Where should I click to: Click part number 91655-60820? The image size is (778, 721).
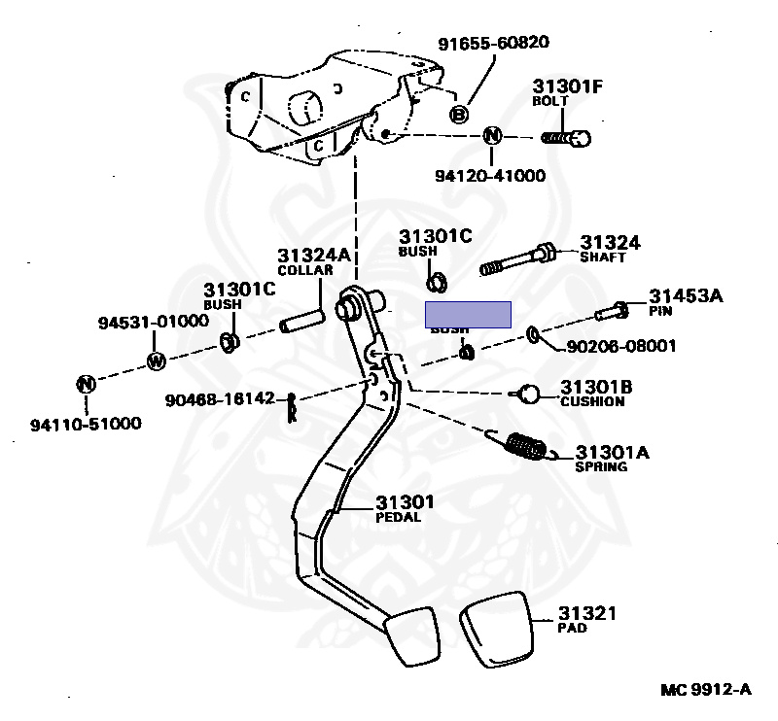(x=493, y=43)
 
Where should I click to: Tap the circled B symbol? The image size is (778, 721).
(x=460, y=115)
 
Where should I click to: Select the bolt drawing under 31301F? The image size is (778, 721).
(x=567, y=138)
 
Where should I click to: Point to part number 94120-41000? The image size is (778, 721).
(x=490, y=176)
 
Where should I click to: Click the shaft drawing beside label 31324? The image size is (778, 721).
(x=517, y=259)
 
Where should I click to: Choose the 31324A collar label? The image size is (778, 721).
(x=306, y=257)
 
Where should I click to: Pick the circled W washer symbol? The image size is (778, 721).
(x=156, y=361)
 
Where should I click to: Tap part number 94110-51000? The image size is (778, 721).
(x=85, y=423)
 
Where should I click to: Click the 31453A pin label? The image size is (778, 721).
(x=686, y=296)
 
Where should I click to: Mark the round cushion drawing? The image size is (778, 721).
(x=528, y=393)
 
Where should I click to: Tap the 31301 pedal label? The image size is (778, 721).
(x=405, y=502)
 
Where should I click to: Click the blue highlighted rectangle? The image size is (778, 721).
(x=469, y=314)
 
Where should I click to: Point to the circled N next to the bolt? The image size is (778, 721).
(x=492, y=136)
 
